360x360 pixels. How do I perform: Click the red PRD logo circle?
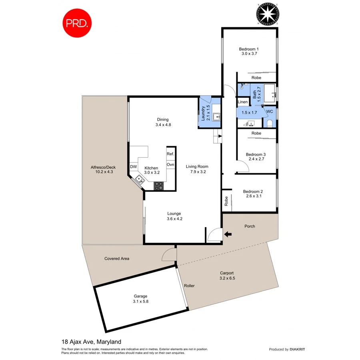point(77,23)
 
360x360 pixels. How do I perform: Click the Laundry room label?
point(204,113)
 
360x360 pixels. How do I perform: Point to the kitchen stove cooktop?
point(159,186)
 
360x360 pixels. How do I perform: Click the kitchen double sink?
point(140,180)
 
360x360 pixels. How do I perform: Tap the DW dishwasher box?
point(134,167)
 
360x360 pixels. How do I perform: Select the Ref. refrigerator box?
point(170,154)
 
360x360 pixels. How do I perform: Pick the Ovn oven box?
point(170,164)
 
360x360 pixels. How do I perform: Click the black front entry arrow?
point(228,234)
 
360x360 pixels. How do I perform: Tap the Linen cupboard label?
point(243,102)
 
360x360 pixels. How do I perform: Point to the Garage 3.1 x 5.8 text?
point(141,299)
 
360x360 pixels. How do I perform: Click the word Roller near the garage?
point(189,286)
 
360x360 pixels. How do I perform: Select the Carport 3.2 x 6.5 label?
point(227,276)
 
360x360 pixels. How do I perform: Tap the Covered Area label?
point(117,258)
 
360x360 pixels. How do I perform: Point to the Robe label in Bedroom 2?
point(226,200)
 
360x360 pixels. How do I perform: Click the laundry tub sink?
point(216,117)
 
